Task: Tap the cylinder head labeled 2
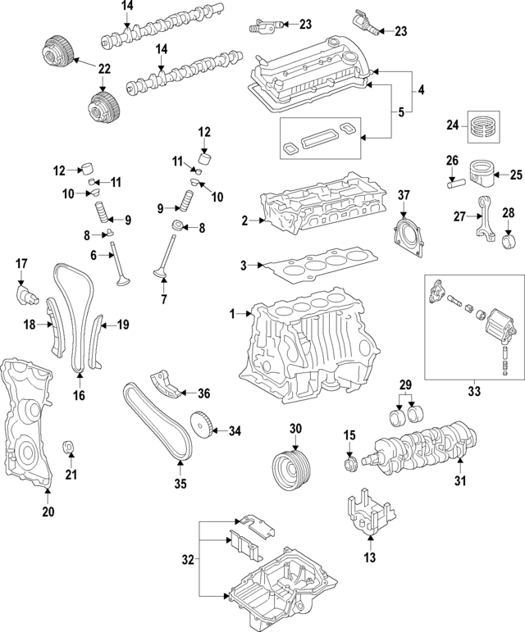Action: tap(320, 209)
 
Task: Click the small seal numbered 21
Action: tap(70, 448)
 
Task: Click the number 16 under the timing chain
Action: tap(79, 395)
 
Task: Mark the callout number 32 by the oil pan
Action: tap(188, 560)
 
